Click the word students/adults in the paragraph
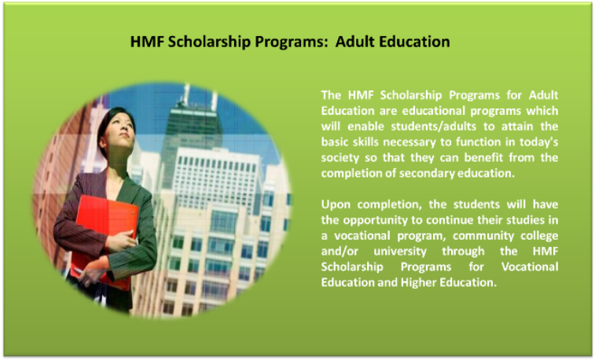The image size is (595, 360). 428,126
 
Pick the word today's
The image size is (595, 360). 539,141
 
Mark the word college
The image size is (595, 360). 539,236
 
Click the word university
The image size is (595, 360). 400,252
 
